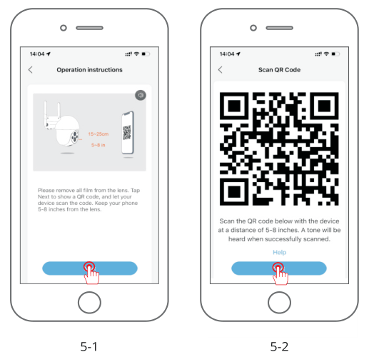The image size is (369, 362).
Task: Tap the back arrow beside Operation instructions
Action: pyautogui.click(x=30, y=70)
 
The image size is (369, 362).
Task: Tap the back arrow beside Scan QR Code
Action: pyautogui.click(x=220, y=70)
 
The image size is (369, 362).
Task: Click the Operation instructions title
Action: pyautogui.click(x=89, y=70)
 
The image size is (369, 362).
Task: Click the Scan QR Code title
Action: pyautogui.click(x=279, y=70)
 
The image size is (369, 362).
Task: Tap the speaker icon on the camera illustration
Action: pyautogui.click(x=141, y=95)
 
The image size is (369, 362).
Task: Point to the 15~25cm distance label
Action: pyautogui.click(x=98, y=134)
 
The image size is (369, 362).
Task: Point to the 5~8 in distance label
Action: pyautogui.click(x=98, y=145)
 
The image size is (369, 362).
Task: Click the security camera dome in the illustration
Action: pyautogui.click(x=67, y=131)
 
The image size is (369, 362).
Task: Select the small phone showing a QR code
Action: pyautogui.click(x=128, y=133)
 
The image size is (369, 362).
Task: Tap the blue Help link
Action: pyautogui.click(x=279, y=252)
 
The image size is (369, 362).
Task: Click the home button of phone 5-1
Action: pyautogui.click(x=89, y=303)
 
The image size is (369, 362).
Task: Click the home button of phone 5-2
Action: pyautogui.click(x=279, y=303)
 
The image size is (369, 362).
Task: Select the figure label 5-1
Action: pyautogui.click(x=89, y=346)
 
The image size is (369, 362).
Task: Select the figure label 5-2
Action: pyautogui.click(x=279, y=346)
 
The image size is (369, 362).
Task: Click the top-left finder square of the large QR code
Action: pyautogui.click(x=234, y=106)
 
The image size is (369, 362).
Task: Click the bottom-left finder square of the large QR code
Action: pyautogui.click(x=234, y=191)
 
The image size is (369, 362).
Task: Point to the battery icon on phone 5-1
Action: pyautogui.click(x=146, y=54)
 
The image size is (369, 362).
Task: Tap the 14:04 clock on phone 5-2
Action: pyautogui.click(x=227, y=54)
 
